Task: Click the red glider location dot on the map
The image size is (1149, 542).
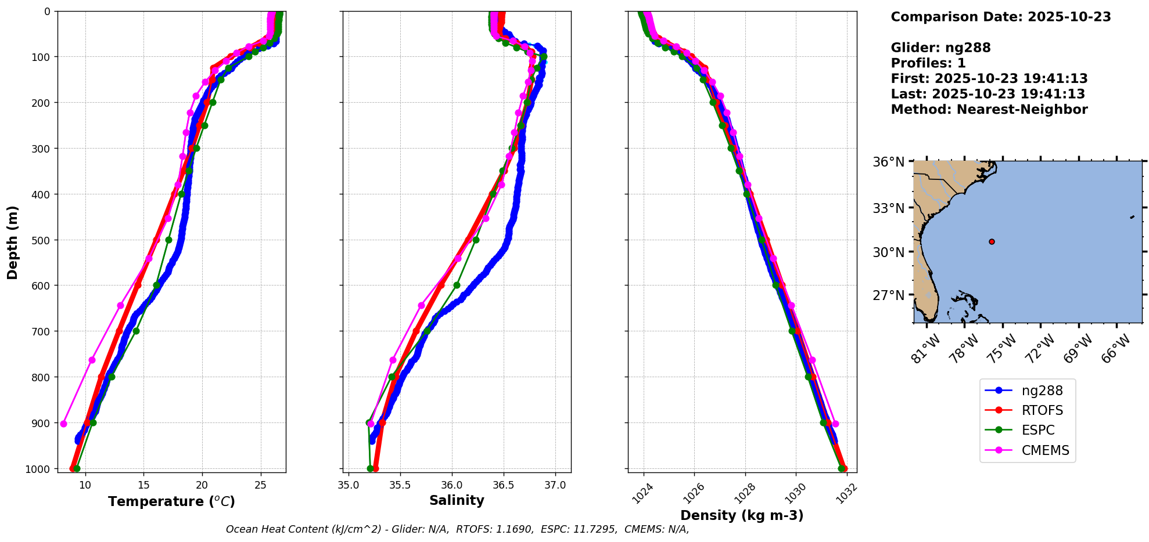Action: pyautogui.click(x=992, y=241)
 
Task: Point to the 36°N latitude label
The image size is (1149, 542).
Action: pyautogui.click(x=888, y=162)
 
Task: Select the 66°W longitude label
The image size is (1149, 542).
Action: pyautogui.click(x=1118, y=349)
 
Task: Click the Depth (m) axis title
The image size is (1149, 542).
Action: pyautogui.click(x=13, y=242)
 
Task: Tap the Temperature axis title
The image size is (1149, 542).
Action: pyautogui.click(x=171, y=501)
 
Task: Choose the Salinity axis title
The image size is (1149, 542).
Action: pyautogui.click(x=457, y=501)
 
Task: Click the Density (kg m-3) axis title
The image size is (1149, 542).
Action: pyautogui.click(x=742, y=515)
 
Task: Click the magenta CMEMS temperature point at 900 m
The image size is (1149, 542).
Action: pyautogui.click(x=63, y=424)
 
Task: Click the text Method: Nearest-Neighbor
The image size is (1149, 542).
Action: pyautogui.click(x=989, y=110)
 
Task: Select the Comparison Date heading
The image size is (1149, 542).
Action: pyautogui.click(x=1000, y=17)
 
